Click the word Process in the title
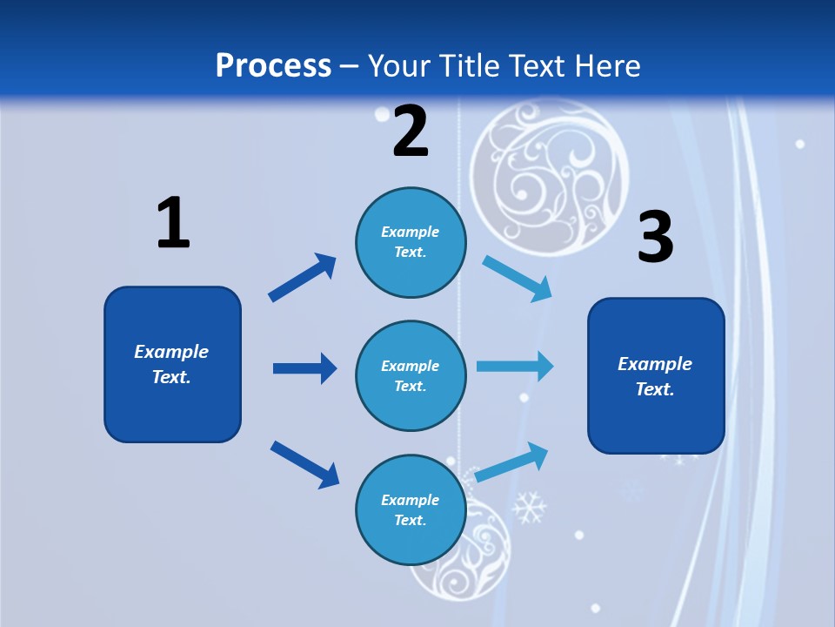point(273,65)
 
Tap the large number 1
point(173,223)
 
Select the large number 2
point(411,131)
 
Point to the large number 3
point(655,237)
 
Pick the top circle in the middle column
point(411,242)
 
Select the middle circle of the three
point(411,375)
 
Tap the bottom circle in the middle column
point(411,509)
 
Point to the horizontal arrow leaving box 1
point(304,368)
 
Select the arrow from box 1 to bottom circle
point(304,463)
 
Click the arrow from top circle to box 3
point(518,279)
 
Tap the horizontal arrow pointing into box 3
point(515,366)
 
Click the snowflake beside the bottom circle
point(528,508)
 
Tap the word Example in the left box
point(171,352)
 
